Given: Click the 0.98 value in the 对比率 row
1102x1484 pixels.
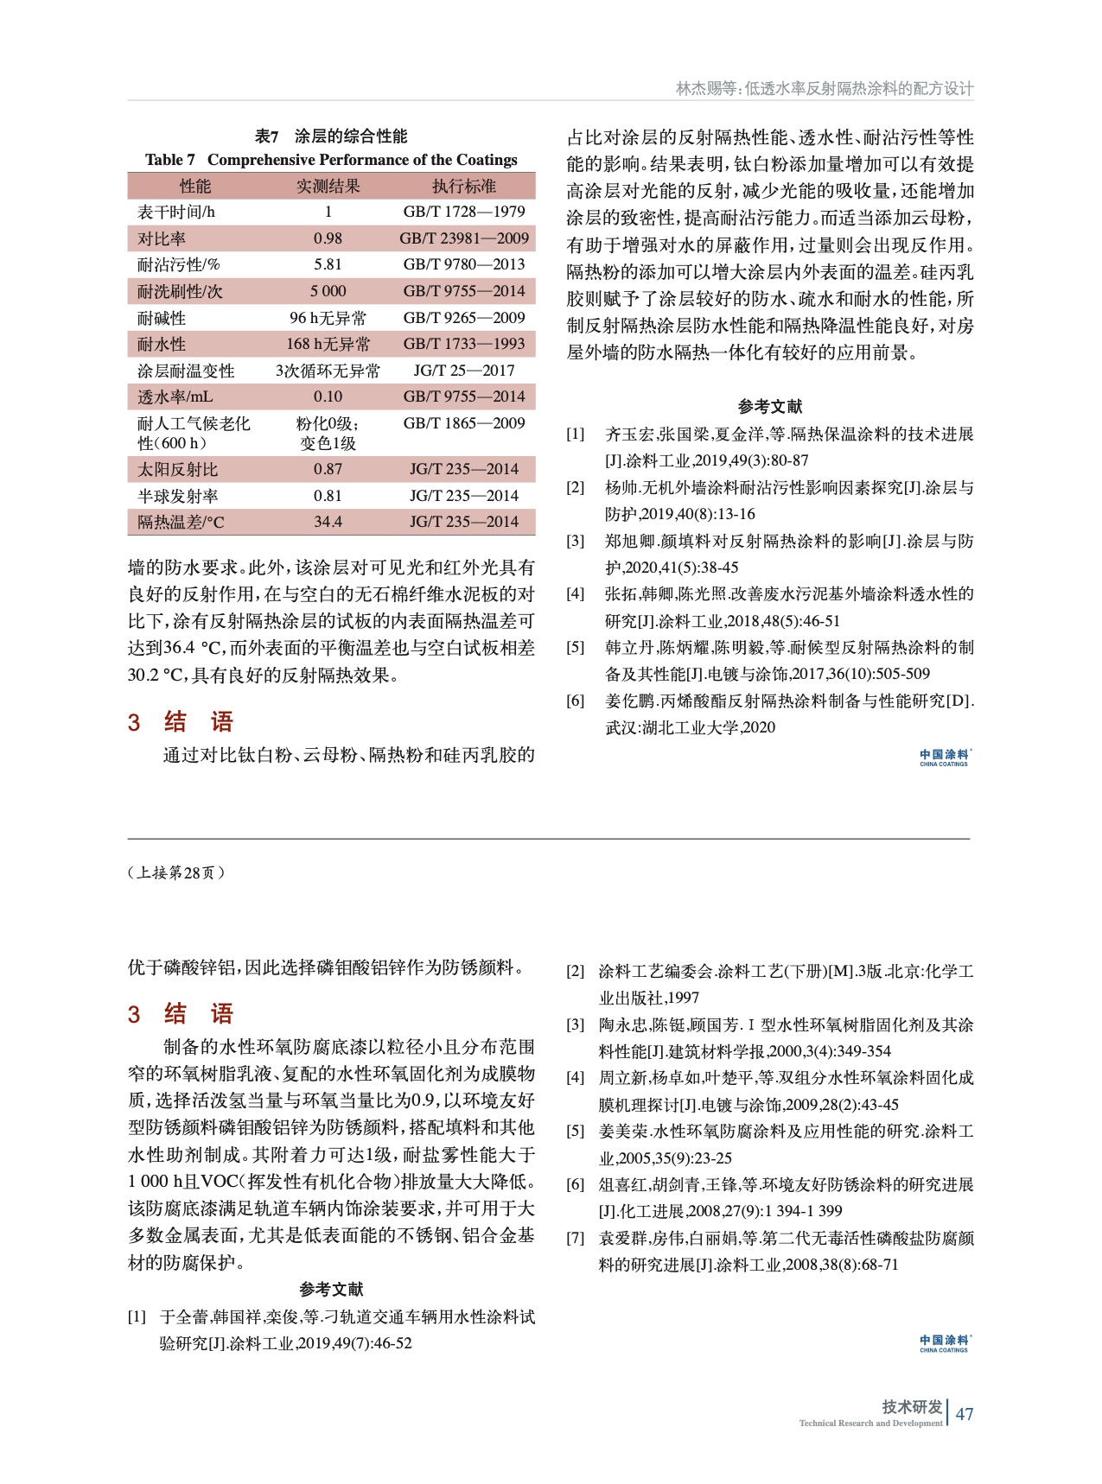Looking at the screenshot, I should [x=328, y=238].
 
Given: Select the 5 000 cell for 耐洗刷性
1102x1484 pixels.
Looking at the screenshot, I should [x=328, y=291].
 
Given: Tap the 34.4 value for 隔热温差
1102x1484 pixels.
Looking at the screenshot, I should [x=328, y=522].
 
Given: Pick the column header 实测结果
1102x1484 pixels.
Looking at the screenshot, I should [x=328, y=186].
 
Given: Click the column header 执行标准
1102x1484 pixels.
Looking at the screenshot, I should [x=464, y=186].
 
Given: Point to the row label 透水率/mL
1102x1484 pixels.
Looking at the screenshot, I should [x=175, y=396].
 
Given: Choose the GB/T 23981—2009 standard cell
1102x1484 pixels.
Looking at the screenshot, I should [x=464, y=238].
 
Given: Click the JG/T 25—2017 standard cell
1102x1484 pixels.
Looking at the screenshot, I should [x=464, y=371].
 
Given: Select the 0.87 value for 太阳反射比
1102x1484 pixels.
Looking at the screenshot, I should [x=328, y=469].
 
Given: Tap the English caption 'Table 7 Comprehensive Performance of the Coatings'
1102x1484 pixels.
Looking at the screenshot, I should [x=331, y=160].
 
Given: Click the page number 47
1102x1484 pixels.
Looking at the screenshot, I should [x=965, y=1414].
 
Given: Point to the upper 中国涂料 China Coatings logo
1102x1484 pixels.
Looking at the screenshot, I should [x=944, y=758].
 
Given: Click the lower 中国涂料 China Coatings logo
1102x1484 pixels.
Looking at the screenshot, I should [x=944, y=1343].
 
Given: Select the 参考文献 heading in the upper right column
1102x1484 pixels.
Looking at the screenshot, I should [x=769, y=407].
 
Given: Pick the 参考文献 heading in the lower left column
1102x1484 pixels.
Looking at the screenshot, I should [x=331, y=1290].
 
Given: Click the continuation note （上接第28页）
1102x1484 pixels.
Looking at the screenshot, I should [x=176, y=872].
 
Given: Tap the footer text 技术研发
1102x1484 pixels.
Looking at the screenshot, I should [x=912, y=1407].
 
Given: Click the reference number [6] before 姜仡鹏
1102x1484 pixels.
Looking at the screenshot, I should [x=576, y=701].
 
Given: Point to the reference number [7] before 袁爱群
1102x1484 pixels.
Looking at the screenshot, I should [x=576, y=1238].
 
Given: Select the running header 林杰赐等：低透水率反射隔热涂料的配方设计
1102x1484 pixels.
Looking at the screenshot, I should [x=824, y=88].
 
